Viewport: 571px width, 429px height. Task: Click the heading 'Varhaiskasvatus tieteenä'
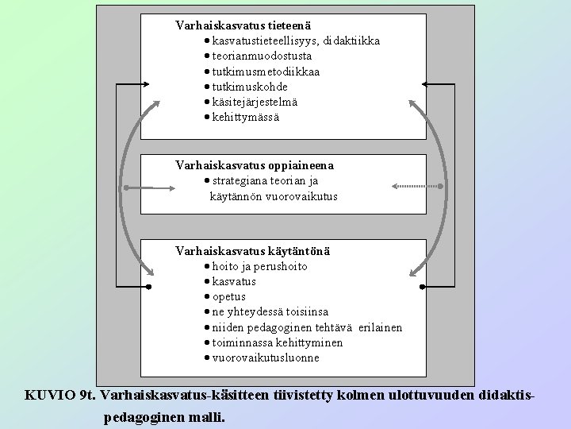point(239,25)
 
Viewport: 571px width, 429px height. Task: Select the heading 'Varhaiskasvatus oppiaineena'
point(254,165)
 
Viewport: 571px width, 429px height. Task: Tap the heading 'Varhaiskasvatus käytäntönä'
point(253,251)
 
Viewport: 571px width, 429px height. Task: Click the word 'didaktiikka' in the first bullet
point(351,41)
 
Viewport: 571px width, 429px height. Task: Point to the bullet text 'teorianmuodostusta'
point(262,56)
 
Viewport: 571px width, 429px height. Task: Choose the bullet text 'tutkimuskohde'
point(250,87)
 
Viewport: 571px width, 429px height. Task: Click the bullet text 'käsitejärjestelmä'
point(255,102)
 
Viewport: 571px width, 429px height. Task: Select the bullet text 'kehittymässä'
point(246,117)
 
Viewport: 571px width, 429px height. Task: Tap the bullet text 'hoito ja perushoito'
point(259,266)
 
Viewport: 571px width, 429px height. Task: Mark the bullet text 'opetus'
point(229,296)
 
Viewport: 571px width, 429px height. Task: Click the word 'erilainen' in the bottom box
point(380,327)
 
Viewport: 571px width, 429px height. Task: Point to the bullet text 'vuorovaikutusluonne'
point(266,357)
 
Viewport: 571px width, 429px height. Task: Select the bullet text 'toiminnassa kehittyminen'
point(278,342)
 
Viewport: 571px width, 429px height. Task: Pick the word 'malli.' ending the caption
point(205,416)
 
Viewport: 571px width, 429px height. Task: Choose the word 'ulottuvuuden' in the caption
point(433,395)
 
